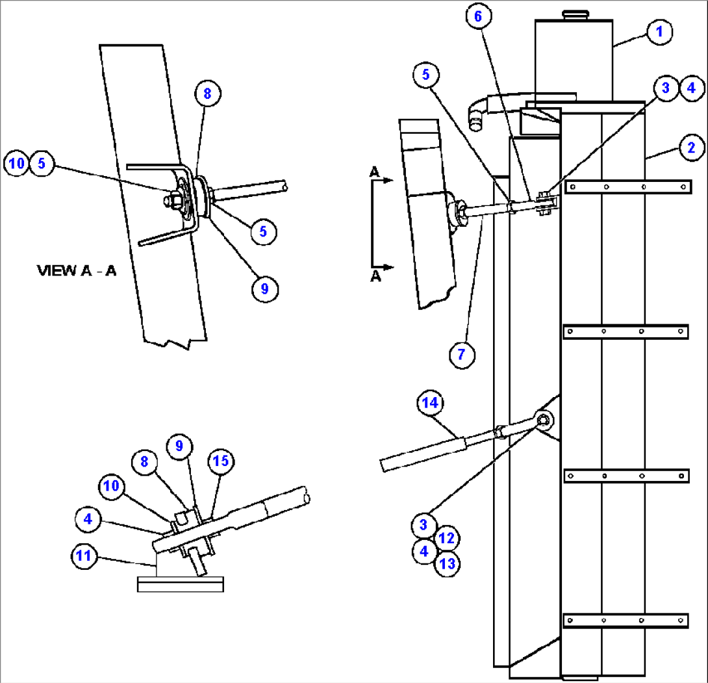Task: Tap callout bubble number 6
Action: [478, 17]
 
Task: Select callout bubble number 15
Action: [221, 461]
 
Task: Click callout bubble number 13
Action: [447, 563]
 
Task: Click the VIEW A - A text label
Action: [77, 271]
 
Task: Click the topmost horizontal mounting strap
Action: [627, 187]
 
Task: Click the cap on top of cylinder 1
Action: [574, 15]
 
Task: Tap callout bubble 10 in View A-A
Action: [17, 164]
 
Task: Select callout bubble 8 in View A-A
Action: [208, 94]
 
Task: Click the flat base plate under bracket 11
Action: [181, 584]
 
